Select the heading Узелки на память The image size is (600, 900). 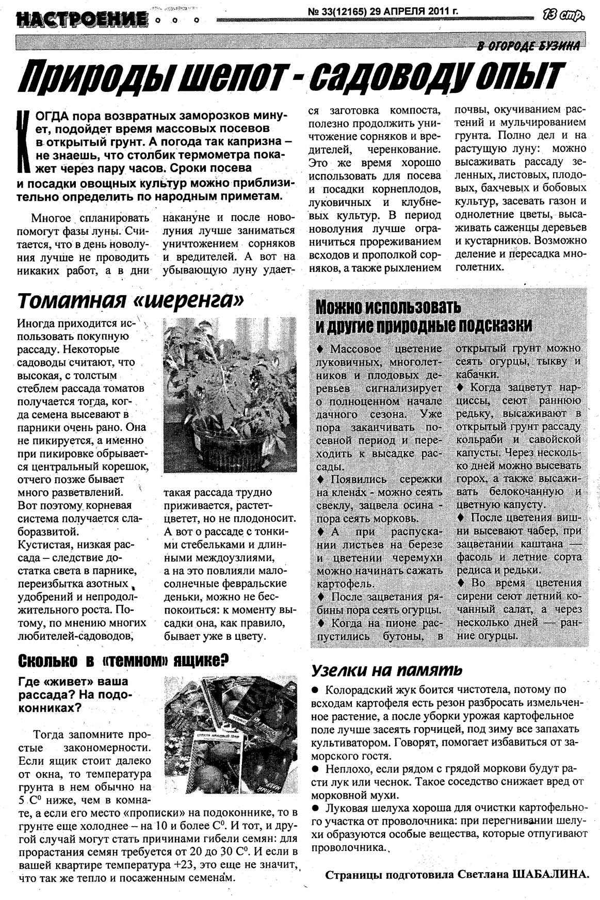pos(386,670)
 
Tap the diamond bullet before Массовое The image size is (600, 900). pos(320,349)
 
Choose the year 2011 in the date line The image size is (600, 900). pos(434,11)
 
